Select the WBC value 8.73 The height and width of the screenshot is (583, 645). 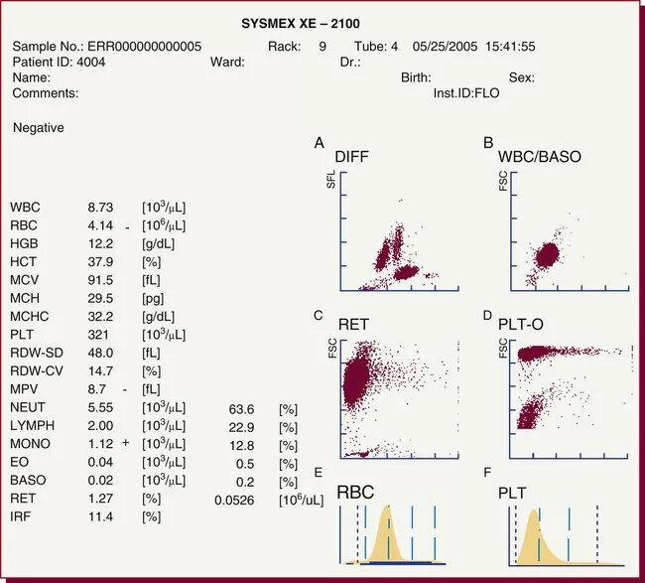101,208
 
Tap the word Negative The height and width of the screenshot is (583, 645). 39,128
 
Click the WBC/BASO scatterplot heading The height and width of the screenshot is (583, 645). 540,157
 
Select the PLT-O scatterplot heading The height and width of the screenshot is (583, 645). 527,325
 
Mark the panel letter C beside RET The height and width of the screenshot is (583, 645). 318,315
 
